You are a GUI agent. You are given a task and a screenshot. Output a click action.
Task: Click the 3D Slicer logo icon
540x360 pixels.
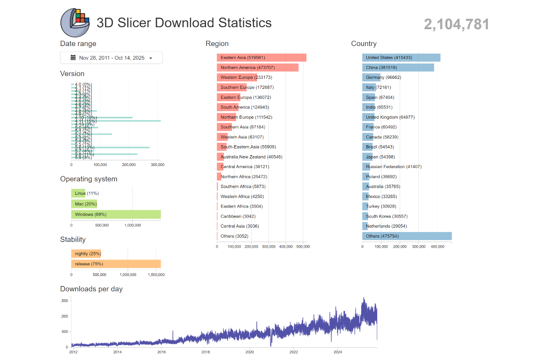point(75,23)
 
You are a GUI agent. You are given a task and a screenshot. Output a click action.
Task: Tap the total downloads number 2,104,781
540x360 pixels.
point(456,24)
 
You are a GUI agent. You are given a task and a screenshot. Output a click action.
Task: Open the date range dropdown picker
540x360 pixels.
point(111,58)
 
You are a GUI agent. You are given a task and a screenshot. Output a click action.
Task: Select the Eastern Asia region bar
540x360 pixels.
point(262,58)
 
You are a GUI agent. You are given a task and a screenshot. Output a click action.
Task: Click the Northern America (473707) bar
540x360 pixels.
point(258,68)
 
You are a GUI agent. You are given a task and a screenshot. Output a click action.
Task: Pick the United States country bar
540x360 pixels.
point(401,58)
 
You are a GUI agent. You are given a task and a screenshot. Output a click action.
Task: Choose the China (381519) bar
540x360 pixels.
point(398,68)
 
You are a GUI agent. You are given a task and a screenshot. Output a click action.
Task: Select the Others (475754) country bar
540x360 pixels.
point(407,236)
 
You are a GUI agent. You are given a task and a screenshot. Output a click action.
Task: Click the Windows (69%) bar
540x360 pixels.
point(116,214)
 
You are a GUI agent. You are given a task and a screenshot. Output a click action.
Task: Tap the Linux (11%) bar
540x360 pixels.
point(78,193)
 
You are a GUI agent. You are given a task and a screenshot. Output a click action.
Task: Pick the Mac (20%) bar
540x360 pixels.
point(84,204)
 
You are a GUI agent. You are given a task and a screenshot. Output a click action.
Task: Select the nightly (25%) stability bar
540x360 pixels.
point(86,254)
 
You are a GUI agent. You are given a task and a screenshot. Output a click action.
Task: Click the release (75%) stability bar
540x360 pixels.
point(116,264)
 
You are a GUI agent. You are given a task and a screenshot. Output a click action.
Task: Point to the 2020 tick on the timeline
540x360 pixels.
point(250,352)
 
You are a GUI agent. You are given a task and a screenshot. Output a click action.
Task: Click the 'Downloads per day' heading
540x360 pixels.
point(91,289)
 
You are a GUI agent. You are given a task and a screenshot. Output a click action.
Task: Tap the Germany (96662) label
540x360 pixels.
point(383,78)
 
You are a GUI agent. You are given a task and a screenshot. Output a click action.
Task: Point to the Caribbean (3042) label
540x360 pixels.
point(238,216)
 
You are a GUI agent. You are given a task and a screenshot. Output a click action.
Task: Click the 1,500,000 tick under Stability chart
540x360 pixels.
point(156,275)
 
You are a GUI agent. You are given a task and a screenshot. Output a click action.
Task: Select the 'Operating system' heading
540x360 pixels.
point(89,179)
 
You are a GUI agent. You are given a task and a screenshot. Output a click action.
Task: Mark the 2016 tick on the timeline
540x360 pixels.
point(162,352)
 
